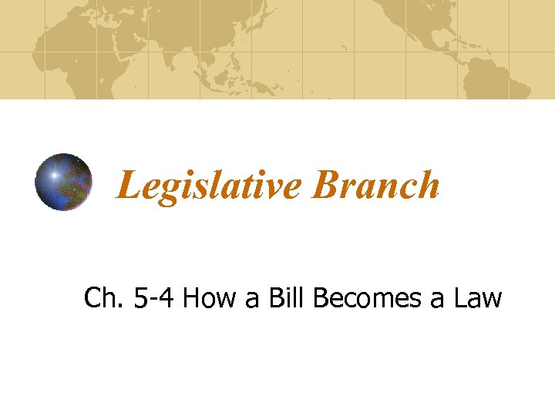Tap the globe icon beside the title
(63, 183)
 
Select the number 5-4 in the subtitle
(154, 297)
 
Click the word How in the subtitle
(210, 297)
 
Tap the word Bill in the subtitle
(289, 297)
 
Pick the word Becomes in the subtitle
(368, 297)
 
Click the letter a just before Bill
(252, 300)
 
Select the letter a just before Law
(437, 300)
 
